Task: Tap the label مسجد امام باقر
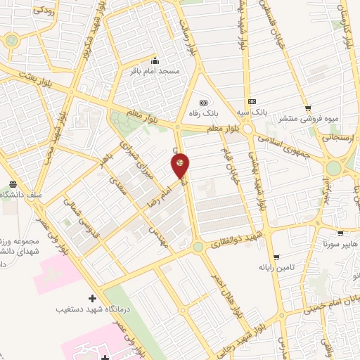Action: tap(155, 71)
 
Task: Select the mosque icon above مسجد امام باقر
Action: tap(155, 60)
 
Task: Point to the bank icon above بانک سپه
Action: tap(252, 101)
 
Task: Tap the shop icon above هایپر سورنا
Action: tap(340, 233)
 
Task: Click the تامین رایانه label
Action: tap(275, 267)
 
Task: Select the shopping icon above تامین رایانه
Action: tap(276, 257)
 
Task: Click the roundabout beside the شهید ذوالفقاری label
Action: tap(198, 247)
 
